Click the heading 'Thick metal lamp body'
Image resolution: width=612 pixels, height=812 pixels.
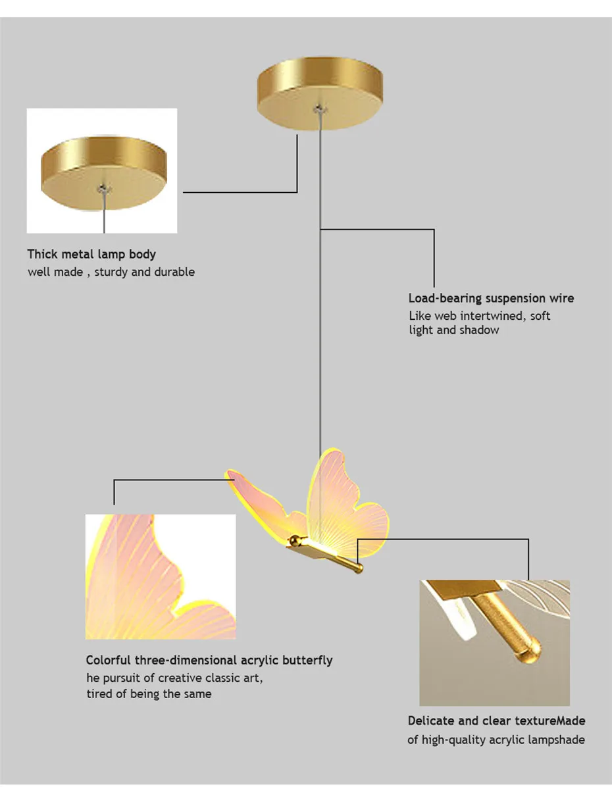tap(91, 254)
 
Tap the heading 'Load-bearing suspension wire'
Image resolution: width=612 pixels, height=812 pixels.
tap(491, 298)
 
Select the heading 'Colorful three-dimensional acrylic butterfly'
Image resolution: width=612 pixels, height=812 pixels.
tap(209, 660)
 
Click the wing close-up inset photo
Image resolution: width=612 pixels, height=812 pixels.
tap(160, 576)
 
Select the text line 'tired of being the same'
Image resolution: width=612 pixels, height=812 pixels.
tap(149, 694)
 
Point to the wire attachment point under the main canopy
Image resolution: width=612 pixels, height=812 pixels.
tap(320, 107)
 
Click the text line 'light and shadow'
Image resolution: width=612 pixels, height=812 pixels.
tap(453, 330)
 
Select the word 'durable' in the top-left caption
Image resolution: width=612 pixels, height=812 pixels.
tap(174, 272)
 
